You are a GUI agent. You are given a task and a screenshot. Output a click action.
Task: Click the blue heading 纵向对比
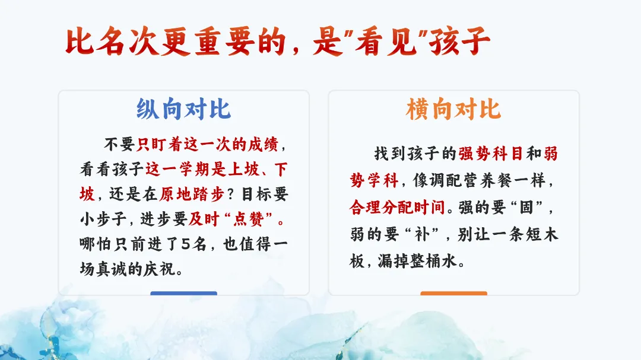[x=183, y=109]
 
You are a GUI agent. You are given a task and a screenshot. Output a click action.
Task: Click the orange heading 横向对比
[x=453, y=109]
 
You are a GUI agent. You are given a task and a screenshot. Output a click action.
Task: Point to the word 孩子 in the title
[x=459, y=42]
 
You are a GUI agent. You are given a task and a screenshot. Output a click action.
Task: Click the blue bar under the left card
[x=183, y=293]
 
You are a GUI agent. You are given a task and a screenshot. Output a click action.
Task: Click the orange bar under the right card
[x=454, y=293]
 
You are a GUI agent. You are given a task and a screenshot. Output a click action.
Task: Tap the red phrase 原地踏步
[x=192, y=194]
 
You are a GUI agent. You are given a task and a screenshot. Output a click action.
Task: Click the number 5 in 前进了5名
[x=186, y=244]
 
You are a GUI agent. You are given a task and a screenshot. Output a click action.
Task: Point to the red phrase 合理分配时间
[x=397, y=207]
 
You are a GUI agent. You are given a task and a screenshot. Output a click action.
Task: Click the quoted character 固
[x=526, y=207]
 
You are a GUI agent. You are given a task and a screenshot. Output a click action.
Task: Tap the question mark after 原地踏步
[x=231, y=195]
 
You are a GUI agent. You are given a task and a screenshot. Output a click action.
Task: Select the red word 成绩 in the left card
[x=264, y=144]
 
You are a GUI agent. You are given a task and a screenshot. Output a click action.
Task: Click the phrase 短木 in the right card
[x=542, y=234]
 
